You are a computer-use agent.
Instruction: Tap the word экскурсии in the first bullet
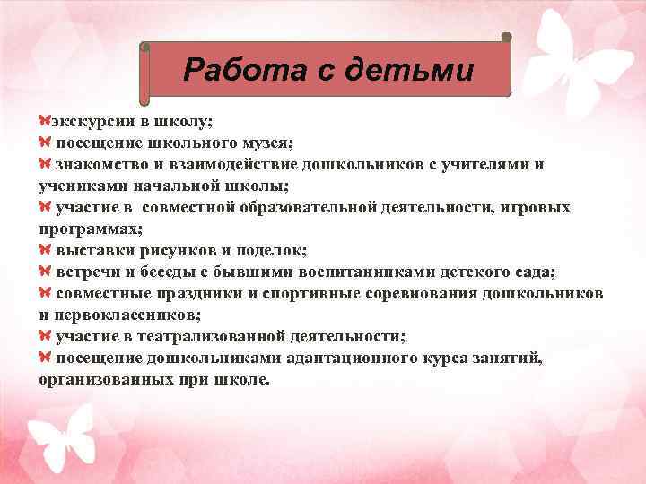(88, 121)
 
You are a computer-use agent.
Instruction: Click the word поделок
(274, 251)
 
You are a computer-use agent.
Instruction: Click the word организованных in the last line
(105, 380)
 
